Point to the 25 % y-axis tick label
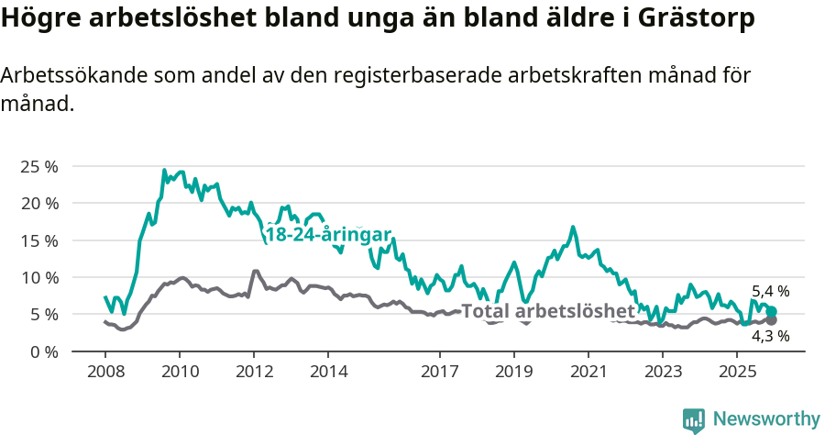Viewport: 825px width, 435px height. coord(39,167)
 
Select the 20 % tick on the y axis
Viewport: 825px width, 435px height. coord(39,204)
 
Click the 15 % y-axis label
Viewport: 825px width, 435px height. coord(39,240)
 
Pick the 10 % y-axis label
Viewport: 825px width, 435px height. coord(39,277)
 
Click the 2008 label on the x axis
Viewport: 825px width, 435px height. coord(104,372)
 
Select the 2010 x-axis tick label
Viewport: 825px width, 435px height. coord(179,372)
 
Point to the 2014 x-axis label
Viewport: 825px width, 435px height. coord(328,372)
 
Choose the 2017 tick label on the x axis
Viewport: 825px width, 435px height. coord(439,372)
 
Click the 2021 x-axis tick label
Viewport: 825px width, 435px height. coord(588,372)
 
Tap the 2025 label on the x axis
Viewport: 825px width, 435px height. coord(736,372)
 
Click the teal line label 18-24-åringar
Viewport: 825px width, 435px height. coord(328,234)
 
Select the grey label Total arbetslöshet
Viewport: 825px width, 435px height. coord(548,311)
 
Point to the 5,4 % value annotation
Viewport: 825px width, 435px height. coord(770,292)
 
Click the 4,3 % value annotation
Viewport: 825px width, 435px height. coord(770,336)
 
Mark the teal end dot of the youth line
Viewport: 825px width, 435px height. coord(772,312)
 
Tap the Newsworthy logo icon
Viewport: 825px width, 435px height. coord(694,420)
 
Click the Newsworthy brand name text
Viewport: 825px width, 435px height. coord(766,419)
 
